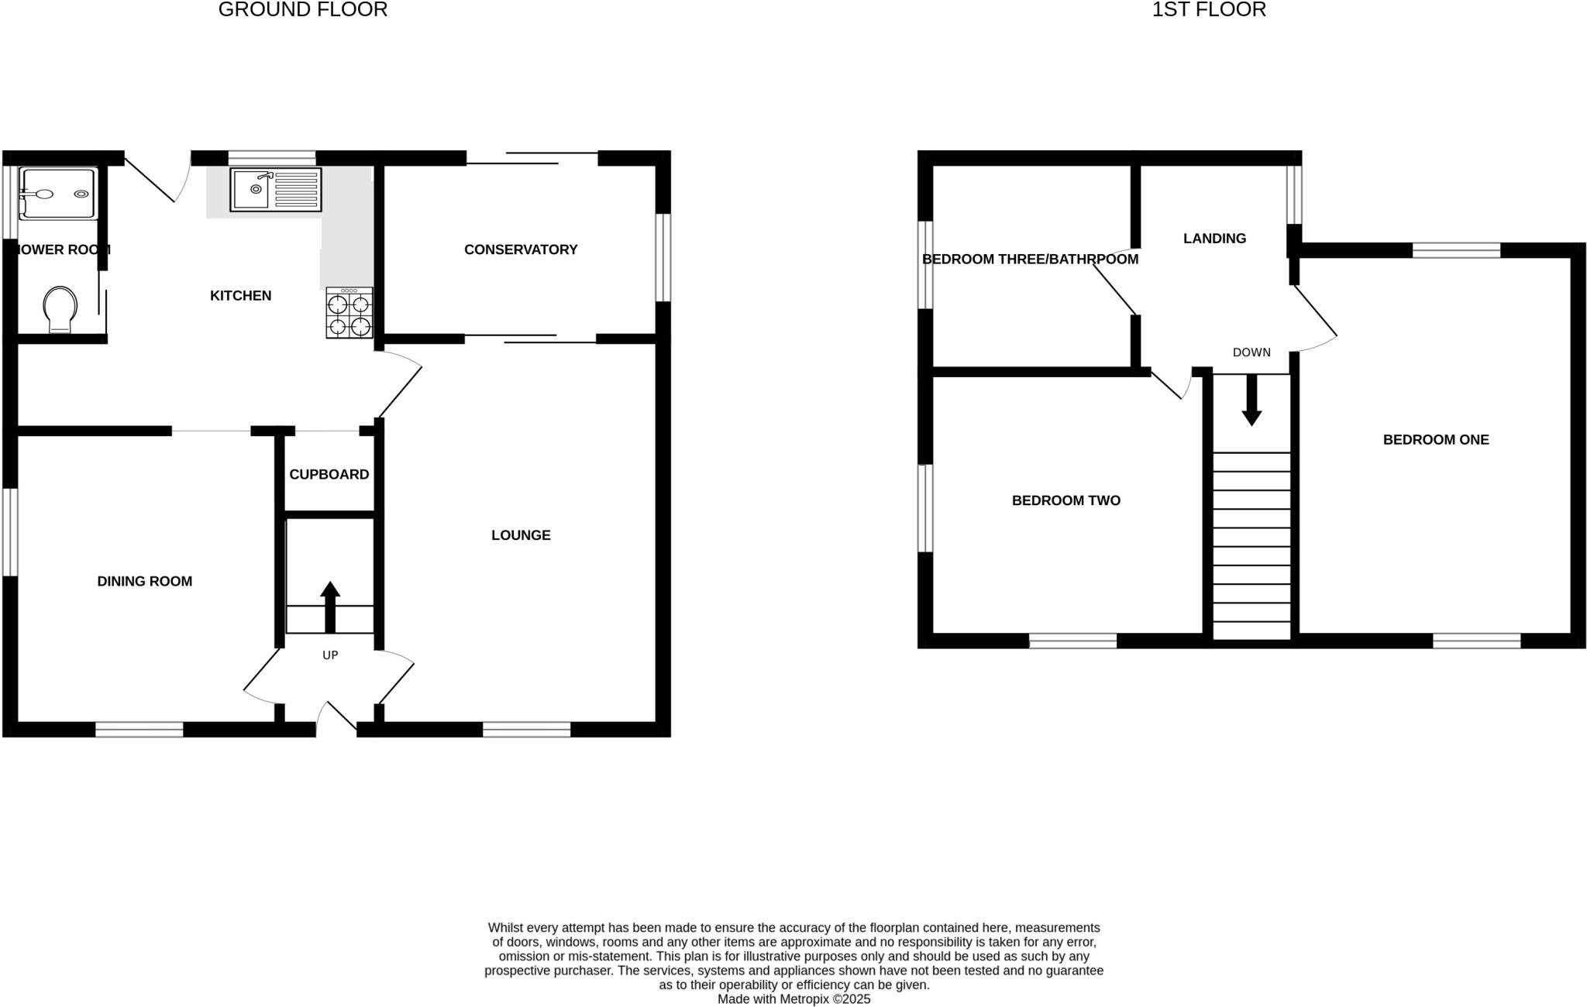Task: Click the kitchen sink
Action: pyautogui.click(x=275, y=190)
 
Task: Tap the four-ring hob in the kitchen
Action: pyautogui.click(x=349, y=313)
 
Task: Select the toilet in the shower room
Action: pyautogui.click(x=61, y=308)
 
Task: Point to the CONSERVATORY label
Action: pyautogui.click(x=521, y=249)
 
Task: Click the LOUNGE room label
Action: pyautogui.click(x=521, y=535)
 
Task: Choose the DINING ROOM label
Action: pyautogui.click(x=145, y=582)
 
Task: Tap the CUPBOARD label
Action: pyautogui.click(x=329, y=475)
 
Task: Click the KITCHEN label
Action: pyautogui.click(x=241, y=296)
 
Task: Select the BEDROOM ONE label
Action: pyautogui.click(x=1436, y=440)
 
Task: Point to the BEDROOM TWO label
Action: pyautogui.click(x=1066, y=501)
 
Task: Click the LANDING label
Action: pyautogui.click(x=1214, y=239)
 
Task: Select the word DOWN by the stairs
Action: pyautogui.click(x=1251, y=352)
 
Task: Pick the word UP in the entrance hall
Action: pyautogui.click(x=330, y=655)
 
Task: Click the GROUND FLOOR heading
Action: pyautogui.click(x=303, y=10)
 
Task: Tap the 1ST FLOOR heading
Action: pyautogui.click(x=1209, y=10)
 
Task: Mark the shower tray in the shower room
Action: pyautogui.click(x=58, y=193)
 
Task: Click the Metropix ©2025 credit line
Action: pyautogui.click(x=793, y=999)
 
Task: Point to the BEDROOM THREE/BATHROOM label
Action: pyautogui.click(x=1030, y=259)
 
